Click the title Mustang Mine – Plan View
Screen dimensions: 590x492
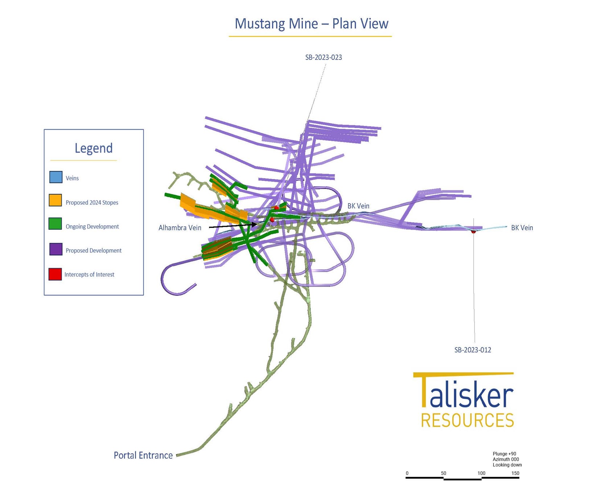[x=311, y=24]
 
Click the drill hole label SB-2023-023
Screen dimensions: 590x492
[x=324, y=57]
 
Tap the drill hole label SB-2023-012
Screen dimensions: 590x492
[x=473, y=350]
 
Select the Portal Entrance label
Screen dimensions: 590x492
[x=143, y=455]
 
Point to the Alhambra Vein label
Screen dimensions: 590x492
[x=180, y=228]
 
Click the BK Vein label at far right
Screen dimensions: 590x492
[x=522, y=228]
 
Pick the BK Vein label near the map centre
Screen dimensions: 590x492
[x=358, y=206]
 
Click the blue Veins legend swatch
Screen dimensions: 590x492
[x=56, y=177]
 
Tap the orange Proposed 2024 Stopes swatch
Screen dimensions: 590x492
[x=56, y=200]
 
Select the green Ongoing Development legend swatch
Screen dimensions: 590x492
[x=55, y=224]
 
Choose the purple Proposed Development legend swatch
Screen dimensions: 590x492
[x=56, y=249]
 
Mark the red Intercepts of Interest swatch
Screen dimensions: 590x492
[x=55, y=274]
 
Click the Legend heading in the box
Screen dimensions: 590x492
[x=94, y=148]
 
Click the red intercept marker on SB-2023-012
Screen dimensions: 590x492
[x=473, y=231]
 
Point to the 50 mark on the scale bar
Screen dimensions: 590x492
[x=443, y=473]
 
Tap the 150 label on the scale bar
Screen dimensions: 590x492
[x=515, y=473]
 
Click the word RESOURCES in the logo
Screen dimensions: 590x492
[x=467, y=420]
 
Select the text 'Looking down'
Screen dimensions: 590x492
[x=507, y=465]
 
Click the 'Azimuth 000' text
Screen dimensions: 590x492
[x=506, y=459]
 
